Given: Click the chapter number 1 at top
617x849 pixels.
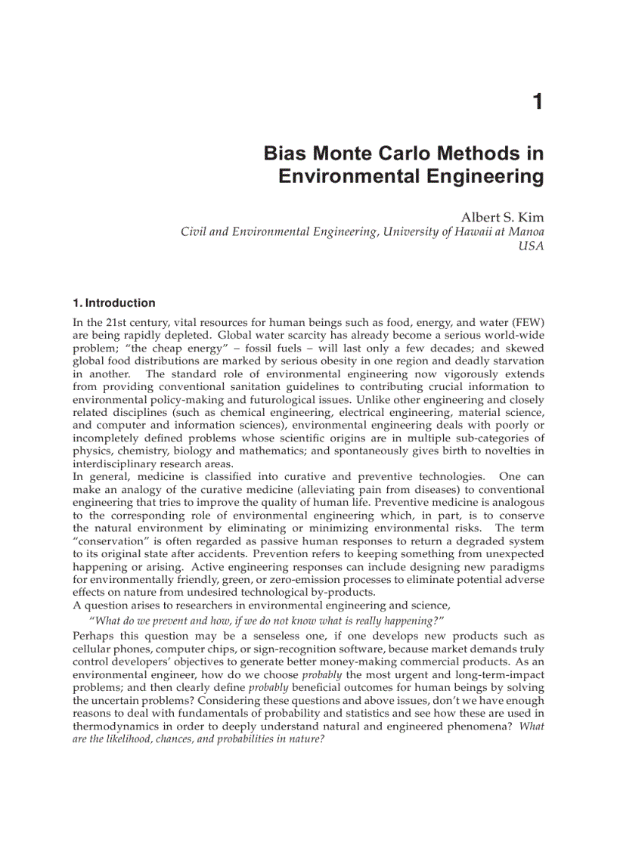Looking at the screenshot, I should pos(538,101).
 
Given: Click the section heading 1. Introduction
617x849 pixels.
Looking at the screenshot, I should pos(114,303).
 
